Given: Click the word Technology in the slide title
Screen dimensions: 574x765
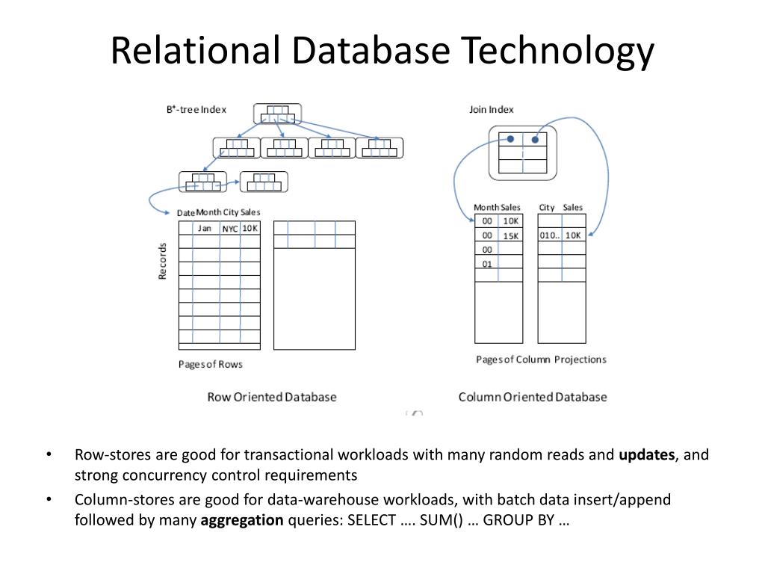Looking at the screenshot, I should (x=557, y=51).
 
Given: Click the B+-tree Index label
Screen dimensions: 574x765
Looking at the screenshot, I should (x=196, y=109).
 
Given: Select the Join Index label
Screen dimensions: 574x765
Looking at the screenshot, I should (x=491, y=109).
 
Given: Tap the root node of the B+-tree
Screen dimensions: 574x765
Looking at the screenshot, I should (x=277, y=114).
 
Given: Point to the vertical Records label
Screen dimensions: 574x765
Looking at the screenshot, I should (x=162, y=262).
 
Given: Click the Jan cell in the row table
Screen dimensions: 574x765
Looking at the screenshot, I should (x=204, y=228).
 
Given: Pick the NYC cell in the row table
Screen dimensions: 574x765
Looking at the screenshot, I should (x=229, y=229).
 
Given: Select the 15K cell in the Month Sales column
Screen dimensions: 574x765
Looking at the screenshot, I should (x=511, y=235).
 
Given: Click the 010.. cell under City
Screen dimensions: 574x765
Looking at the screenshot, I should (x=549, y=235).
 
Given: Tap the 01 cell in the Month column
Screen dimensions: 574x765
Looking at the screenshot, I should (x=487, y=263).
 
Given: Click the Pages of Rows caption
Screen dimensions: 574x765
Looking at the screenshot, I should (x=210, y=364).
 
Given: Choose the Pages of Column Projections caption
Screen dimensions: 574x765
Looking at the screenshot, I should (x=541, y=359).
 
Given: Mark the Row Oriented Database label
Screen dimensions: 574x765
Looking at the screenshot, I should (x=271, y=397).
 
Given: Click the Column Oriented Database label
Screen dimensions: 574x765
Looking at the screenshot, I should (x=532, y=397).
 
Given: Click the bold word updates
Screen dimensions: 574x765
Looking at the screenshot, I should (x=647, y=454).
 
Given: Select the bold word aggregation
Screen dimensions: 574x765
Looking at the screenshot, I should (x=242, y=520).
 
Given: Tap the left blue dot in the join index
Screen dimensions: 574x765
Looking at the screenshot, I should (x=510, y=138).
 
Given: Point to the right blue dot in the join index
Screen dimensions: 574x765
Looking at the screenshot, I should (x=535, y=139).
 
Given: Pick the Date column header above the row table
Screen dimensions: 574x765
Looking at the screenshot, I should (x=185, y=213).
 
